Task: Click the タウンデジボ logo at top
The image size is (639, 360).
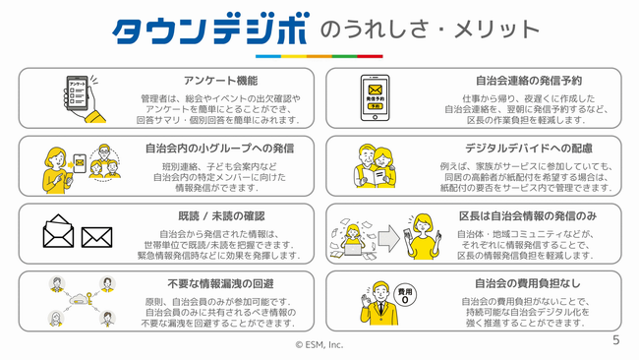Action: [x=211, y=32]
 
